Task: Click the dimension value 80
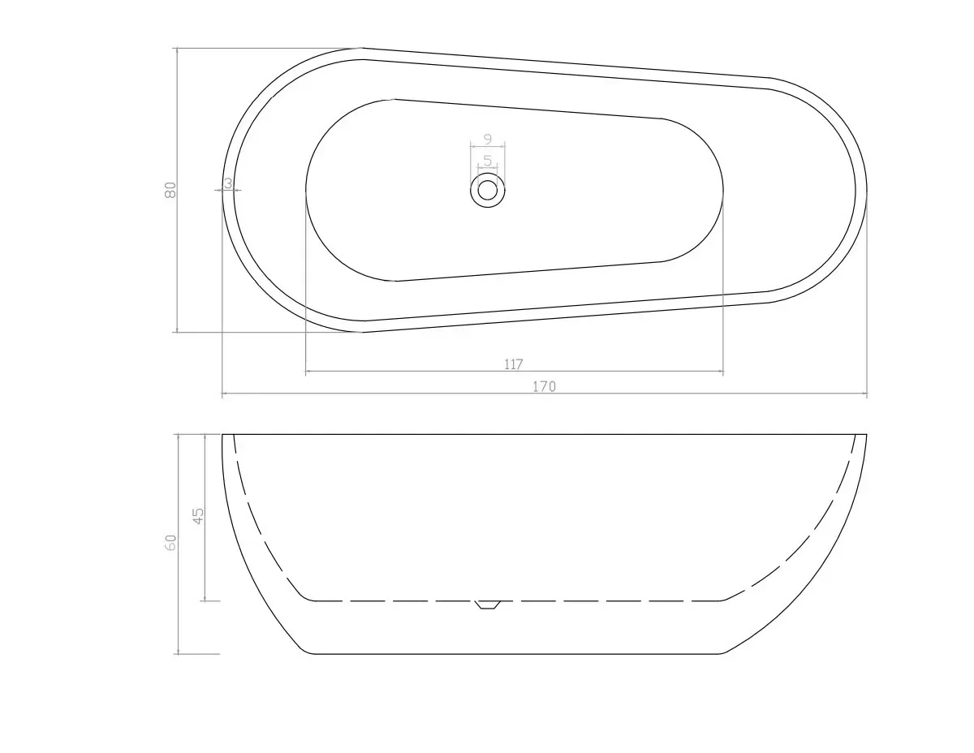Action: pyautogui.click(x=170, y=190)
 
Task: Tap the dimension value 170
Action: pyautogui.click(x=544, y=386)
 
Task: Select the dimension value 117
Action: pyautogui.click(x=513, y=364)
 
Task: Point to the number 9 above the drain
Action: pyautogui.click(x=488, y=139)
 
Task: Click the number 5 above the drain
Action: pyautogui.click(x=488, y=160)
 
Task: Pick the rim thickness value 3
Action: pyautogui.click(x=228, y=183)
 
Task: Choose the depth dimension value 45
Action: pyautogui.click(x=198, y=515)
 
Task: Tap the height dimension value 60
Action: pyautogui.click(x=170, y=543)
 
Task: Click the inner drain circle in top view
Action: pyautogui.click(x=487, y=190)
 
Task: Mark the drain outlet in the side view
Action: pyautogui.click(x=487, y=605)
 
